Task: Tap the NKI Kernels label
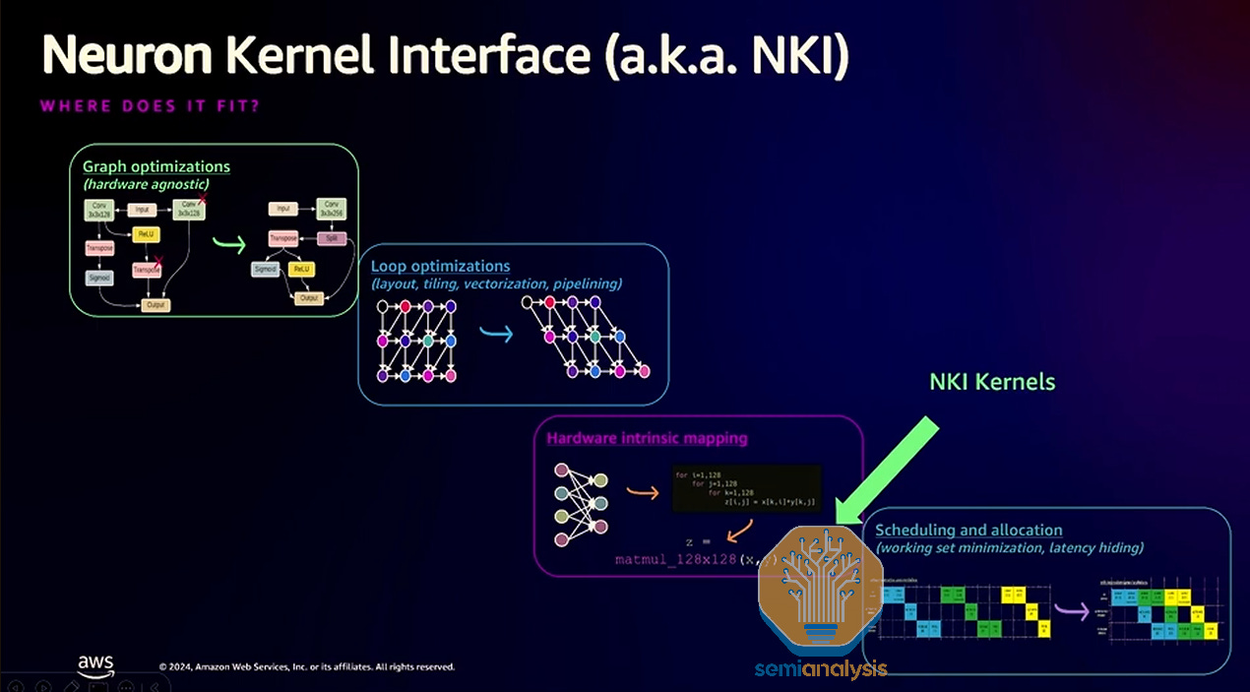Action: [992, 381]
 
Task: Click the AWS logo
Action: [96, 664]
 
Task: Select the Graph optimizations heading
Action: [156, 166]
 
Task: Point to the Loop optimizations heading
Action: [440, 266]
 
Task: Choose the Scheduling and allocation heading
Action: [969, 530]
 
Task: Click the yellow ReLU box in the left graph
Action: [146, 233]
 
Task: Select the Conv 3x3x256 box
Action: [331, 209]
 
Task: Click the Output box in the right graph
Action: [311, 297]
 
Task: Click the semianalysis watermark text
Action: [821, 669]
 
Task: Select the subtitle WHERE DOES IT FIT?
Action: [151, 105]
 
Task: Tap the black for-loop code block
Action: [746, 488]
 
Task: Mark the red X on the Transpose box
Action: [156, 263]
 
